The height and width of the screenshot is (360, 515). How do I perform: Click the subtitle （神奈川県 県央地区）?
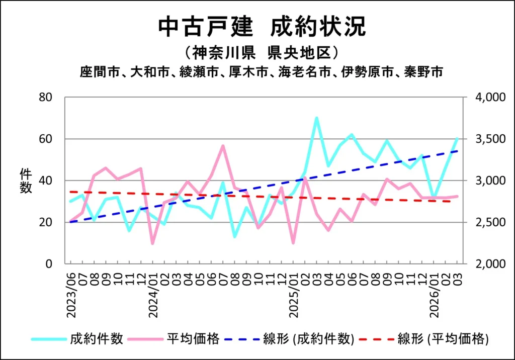coord(261,52)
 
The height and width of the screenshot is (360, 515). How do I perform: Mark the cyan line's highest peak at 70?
coord(316,118)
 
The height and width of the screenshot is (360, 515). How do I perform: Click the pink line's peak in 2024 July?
coord(223,146)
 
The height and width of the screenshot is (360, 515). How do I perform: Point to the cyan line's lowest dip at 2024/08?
coord(235,236)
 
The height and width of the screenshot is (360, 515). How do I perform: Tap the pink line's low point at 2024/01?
coord(152,243)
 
